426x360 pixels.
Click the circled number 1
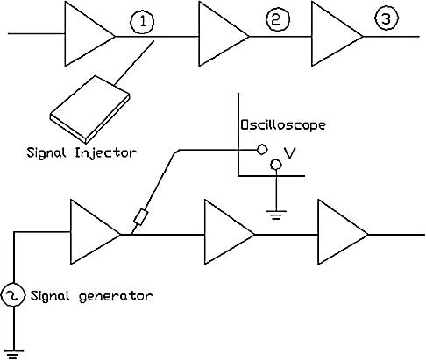click(x=142, y=22)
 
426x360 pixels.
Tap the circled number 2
click(x=277, y=19)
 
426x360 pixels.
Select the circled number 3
click(x=387, y=18)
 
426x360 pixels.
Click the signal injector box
click(x=90, y=109)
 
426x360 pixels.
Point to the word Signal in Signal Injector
click(x=46, y=152)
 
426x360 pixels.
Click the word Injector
click(x=106, y=153)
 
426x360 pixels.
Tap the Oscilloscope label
click(x=283, y=125)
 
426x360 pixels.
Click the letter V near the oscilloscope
click(x=290, y=152)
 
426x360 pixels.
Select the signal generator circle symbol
click(x=13, y=295)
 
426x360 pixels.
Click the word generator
click(x=116, y=296)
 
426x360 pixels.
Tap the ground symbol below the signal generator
click(x=13, y=354)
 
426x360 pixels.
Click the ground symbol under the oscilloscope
click(x=276, y=215)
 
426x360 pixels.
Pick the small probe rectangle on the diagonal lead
click(x=141, y=217)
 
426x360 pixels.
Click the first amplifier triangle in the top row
click(x=90, y=34)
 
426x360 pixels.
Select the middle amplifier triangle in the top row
click(x=224, y=34)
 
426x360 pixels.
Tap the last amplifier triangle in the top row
click(x=337, y=34)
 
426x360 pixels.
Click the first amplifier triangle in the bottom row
click(x=96, y=232)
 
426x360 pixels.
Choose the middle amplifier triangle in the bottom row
click(x=230, y=232)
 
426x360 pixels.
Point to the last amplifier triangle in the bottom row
click(x=344, y=232)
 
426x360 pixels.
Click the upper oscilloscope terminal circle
click(x=262, y=150)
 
